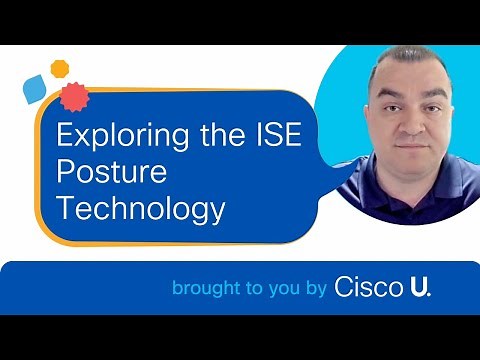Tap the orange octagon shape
(60, 68)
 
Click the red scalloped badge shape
(71, 95)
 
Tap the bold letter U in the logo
(419, 288)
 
